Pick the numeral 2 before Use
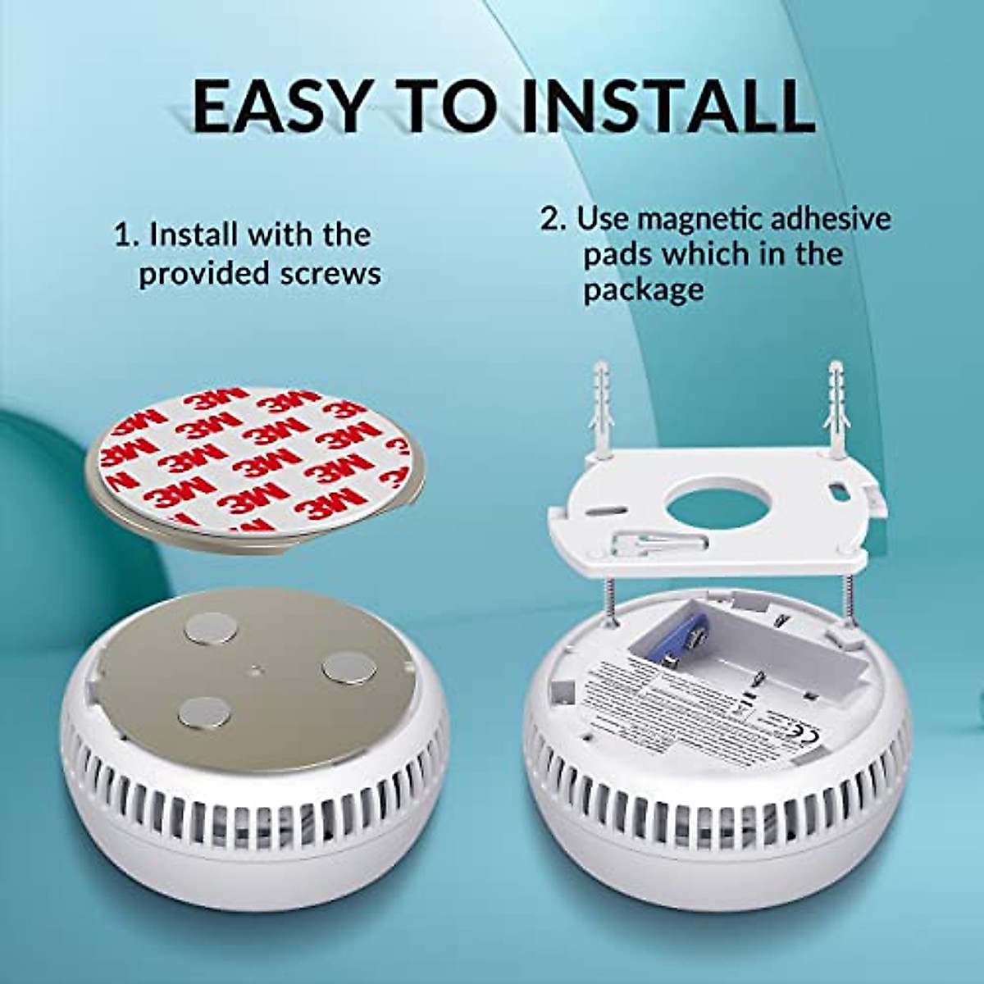549,219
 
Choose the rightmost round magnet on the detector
349,668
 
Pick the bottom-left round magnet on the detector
203,712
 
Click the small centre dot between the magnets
257,670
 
